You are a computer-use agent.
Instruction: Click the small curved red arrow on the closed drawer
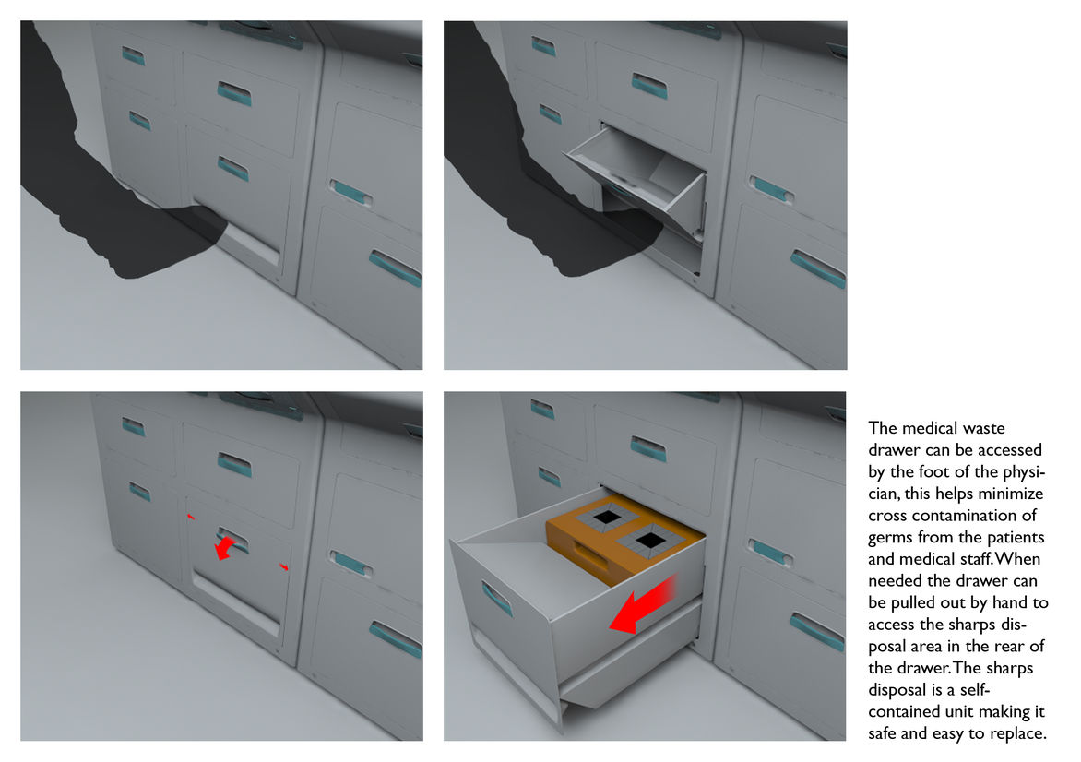coord(223,549)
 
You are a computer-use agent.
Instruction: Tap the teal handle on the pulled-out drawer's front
coord(496,597)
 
